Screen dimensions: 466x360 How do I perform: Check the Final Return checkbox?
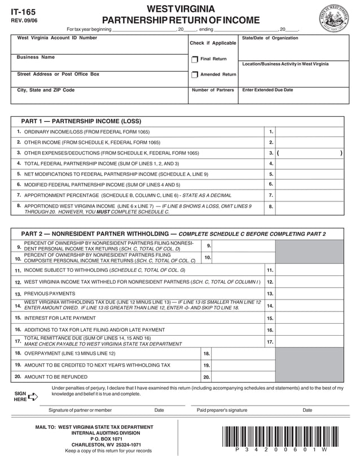pyautogui.click(x=195, y=59)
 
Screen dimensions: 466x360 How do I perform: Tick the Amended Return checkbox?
pyautogui.click(x=195, y=74)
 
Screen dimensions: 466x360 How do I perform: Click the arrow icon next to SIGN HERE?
pyautogui.click(x=33, y=396)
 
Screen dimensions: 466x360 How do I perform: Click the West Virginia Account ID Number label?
pyautogui.click(x=57, y=38)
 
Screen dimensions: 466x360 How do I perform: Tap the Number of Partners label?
pyautogui.click(x=213, y=90)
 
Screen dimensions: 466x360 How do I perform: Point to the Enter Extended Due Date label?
pyautogui.click(x=267, y=90)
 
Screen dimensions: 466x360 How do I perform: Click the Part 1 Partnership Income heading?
pyautogui.click(x=81, y=121)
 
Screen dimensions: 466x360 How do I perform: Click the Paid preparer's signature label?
pyautogui.click(x=222, y=410)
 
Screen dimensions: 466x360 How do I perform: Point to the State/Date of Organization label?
pyautogui.click(x=270, y=38)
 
